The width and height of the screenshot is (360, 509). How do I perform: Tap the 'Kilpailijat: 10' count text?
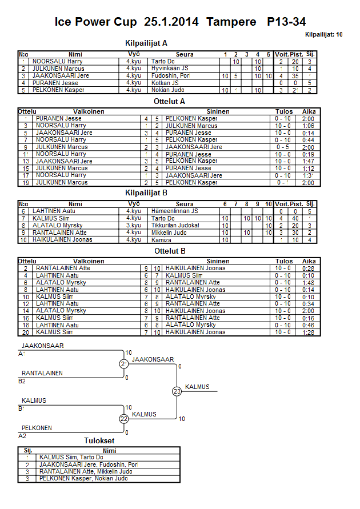coord(324,35)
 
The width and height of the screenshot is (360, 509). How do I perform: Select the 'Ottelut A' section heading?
coord(170,102)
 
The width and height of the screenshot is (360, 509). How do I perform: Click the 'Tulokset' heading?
coord(99,440)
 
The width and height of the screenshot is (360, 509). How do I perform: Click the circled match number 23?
coord(177,391)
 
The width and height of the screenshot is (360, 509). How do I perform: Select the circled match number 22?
coord(124,419)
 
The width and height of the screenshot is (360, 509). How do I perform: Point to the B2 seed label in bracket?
coord(22,381)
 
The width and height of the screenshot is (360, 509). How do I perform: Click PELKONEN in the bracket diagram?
coord(37,428)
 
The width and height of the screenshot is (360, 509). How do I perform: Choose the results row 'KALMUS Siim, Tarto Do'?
coord(71,457)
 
